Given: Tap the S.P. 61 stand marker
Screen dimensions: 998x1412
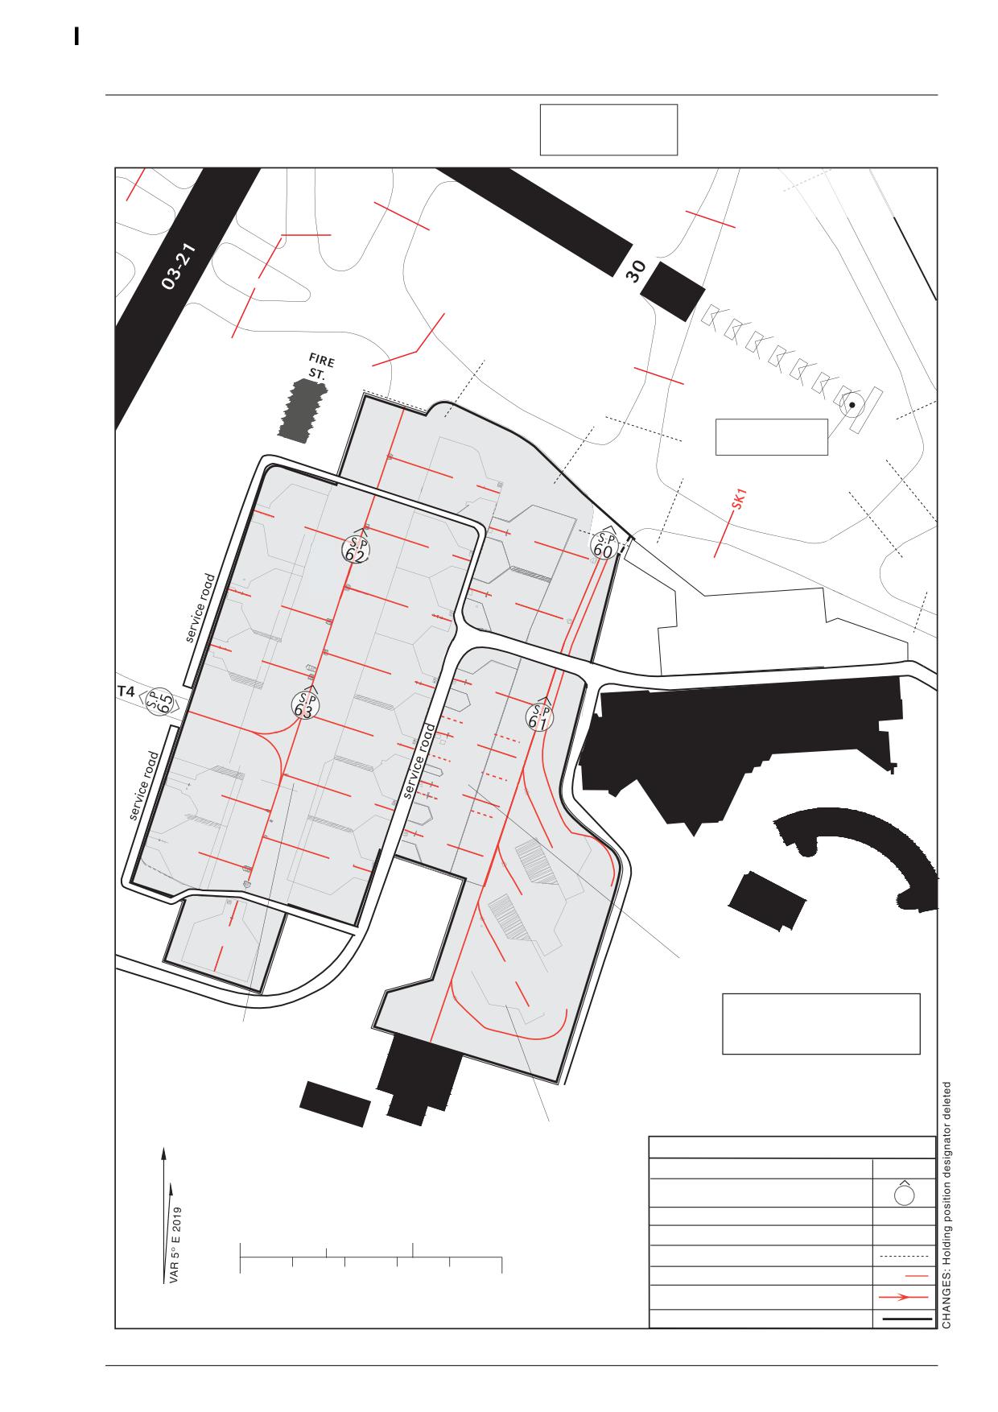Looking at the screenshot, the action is tap(540, 716).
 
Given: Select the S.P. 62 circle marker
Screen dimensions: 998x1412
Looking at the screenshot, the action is tap(355, 549).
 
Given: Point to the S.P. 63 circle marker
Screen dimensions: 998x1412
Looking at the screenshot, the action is tap(304, 706).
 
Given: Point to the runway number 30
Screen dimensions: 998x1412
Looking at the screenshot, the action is tap(635, 272).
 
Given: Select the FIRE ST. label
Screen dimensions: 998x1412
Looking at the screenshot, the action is tap(320, 366).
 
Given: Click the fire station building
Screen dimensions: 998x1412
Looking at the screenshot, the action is tap(303, 410).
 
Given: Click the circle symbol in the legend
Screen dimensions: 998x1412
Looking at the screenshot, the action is tap(904, 1193).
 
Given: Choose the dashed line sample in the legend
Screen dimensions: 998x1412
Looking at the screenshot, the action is tap(904, 1256).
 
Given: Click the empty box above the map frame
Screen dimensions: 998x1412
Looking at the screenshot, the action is tap(608, 130).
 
